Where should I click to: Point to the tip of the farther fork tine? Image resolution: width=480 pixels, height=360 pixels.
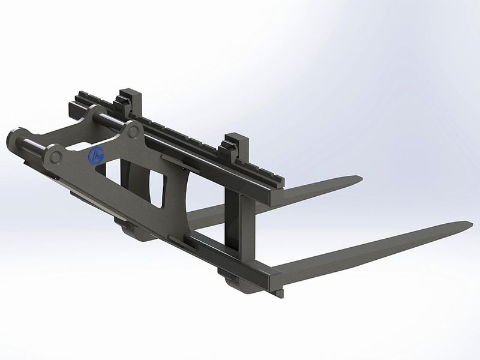tap(360, 178)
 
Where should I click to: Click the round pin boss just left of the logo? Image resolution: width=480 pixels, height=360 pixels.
tap(56, 157)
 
